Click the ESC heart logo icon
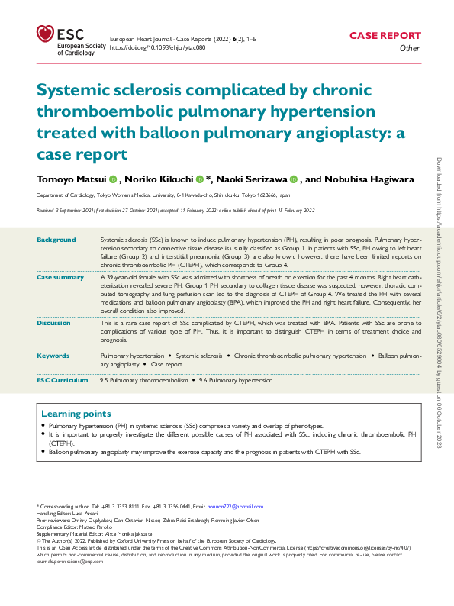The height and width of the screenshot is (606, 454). pos(45,34)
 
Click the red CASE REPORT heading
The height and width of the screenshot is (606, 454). pos(385,35)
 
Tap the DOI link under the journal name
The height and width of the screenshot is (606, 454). pos(158,47)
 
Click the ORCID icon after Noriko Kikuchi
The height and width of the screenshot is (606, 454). pos(199,179)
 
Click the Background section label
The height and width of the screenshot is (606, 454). pos(56,240)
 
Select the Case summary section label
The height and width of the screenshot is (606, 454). pos(60,276)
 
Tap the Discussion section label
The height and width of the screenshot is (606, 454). pos(54,322)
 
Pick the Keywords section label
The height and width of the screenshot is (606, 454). pos(53,356)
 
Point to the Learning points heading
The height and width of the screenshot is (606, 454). pos(77,412)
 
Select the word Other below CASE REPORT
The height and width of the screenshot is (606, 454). pos(410,47)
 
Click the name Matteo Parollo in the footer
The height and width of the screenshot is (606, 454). pos(94,527)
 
